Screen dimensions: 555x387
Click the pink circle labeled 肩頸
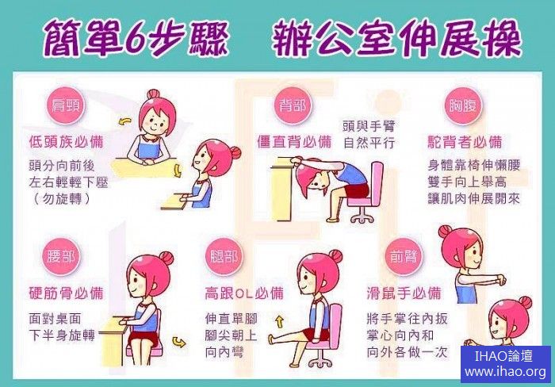pyautogui.click(x=65, y=105)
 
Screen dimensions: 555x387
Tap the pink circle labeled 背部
pyautogui.click(x=293, y=105)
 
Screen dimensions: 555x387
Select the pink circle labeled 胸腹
pyautogui.click(x=462, y=105)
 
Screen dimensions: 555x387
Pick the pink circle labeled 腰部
pyautogui.click(x=61, y=256)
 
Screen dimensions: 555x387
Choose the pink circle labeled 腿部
pyautogui.click(x=224, y=256)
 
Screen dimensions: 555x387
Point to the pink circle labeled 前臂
pyautogui.click(x=404, y=256)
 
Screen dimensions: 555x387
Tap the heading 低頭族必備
pyautogui.click(x=66, y=142)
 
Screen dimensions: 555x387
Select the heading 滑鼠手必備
pyautogui.click(x=404, y=293)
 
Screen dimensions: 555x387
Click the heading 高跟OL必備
pyautogui.click(x=244, y=293)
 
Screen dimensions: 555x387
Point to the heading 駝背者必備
pyautogui.click(x=465, y=142)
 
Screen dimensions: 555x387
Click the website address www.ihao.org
pyautogui.click(x=506, y=372)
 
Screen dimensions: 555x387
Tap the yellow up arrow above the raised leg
pyautogui.click(x=280, y=321)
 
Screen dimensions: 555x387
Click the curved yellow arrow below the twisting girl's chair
pyautogui.click(x=178, y=343)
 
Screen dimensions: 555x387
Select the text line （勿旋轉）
pyautogui.click(x=61, y=198)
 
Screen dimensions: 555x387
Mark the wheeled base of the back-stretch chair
pyautogui.click(x=362, y=215)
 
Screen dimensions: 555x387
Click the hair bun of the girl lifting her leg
pyautogui.click(x=335, y=256)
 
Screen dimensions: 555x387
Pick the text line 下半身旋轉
pyautogui.click(x=62, y=335)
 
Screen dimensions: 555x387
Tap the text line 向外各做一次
pyautogui.click(x=407, y=352)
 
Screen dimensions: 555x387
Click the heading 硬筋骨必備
pyautogui.click(x=66, y=293)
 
